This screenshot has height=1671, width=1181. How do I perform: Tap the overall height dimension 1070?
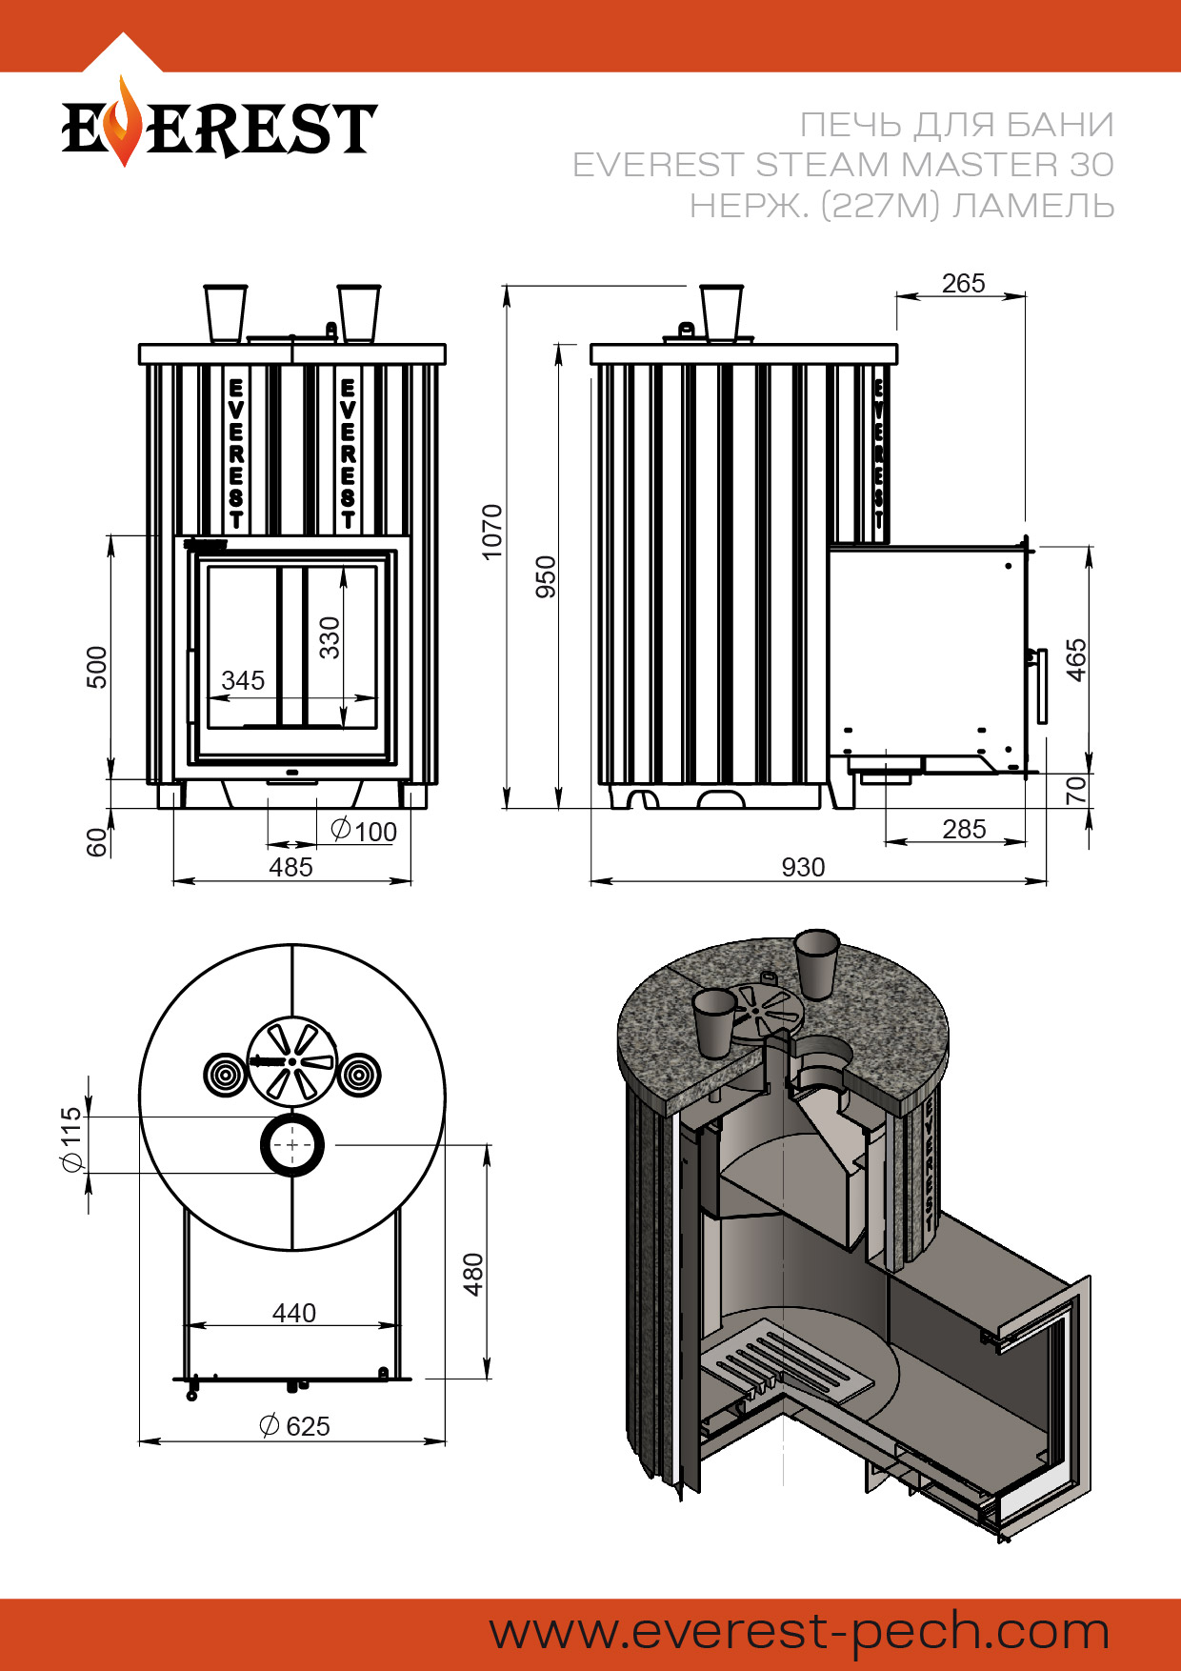tap(491, 532)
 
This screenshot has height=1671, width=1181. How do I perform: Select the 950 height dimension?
tap(546, 576)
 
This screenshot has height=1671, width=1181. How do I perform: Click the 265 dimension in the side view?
tap(963, 284)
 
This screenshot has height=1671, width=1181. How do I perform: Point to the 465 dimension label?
tap(1076, 659)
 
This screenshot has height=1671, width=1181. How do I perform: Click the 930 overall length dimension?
tap(803, 868)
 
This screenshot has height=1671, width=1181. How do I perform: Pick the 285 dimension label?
tap(964, 830)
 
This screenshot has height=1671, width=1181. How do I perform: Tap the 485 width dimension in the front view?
tap(290, 868)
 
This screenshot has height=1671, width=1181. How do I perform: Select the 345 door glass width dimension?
tap(243, 681)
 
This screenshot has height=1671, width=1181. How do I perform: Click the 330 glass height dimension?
tap(330, 637)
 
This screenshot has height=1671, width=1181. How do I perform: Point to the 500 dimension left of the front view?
tap(97, 667)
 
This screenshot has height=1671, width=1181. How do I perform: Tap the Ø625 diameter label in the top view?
tap(294, 1426)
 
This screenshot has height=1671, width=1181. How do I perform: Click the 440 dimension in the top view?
tap(293, 1314)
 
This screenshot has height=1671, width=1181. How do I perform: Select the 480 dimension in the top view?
tap(473, 1275)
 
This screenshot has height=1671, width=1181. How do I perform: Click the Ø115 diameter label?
tap(71, 1138)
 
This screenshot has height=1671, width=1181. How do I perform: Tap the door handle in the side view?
tap(1041, 686)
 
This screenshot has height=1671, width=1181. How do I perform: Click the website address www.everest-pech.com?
tap(799, 1632)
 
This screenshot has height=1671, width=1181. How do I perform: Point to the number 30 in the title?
tap(1091, 165)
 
